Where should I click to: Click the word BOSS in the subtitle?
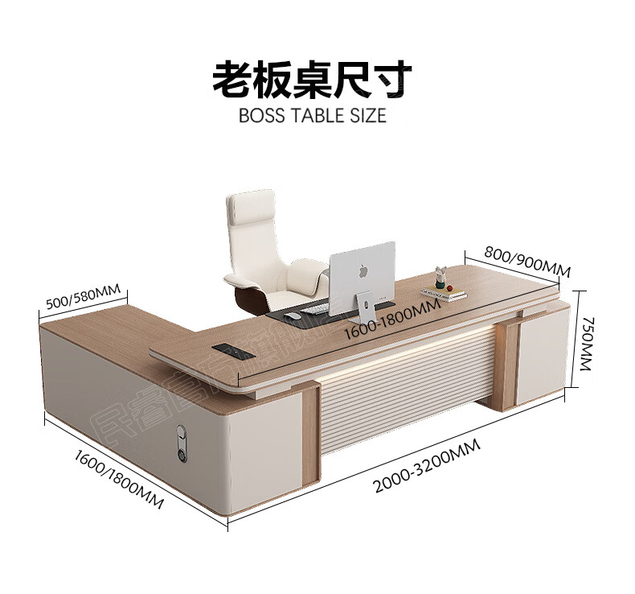pyautogui.click(x=261, y=115)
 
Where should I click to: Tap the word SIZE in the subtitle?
pyautogui.click(x=367, y=115)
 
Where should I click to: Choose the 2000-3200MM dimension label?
pyautogui.click(x=427, y=468)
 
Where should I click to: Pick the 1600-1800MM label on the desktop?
pyautogui.click(x=391, y=320)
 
